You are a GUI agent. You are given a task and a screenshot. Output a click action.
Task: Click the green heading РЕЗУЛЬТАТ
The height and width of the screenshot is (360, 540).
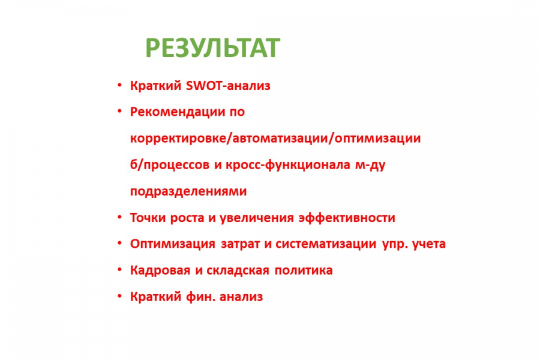coord(212,48)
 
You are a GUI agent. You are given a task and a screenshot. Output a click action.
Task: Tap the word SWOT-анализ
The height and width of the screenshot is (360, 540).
coord(228,85)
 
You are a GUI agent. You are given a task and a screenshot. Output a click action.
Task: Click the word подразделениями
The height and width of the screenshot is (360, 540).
coord(188,191)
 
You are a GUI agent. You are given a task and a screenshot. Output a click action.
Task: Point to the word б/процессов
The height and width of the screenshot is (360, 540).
coord(170,165)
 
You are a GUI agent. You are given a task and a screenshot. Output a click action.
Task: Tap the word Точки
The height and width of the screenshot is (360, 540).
coord(148,218)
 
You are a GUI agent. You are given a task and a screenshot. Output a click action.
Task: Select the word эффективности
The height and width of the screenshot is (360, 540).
coord(347,218)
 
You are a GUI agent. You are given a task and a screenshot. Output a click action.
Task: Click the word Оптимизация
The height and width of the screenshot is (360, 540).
coord(173,244)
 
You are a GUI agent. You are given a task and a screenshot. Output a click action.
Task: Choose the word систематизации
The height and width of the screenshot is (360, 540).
coord(326,244)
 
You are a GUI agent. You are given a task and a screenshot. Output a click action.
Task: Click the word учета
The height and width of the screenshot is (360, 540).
coord(429,244)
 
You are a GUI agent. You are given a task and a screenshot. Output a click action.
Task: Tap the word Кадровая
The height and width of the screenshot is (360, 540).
coord(160,271)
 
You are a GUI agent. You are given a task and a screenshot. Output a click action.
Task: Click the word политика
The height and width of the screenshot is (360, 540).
coord(304,271)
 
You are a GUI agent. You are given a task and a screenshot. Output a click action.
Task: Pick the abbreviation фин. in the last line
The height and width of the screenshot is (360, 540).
coord(201,296)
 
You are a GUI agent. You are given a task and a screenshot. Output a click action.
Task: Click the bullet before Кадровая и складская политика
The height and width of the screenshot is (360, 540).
coord(119,269)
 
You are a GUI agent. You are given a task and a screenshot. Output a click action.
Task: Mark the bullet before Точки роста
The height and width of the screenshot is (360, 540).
coord(119,217)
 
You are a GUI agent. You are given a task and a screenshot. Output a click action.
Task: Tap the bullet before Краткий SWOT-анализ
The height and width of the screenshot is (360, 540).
coord(119,85)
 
